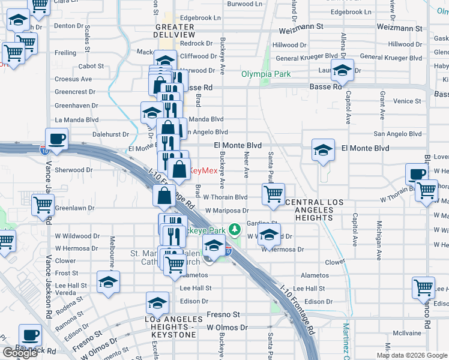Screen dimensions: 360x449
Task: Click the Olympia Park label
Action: click(x=265, y=74)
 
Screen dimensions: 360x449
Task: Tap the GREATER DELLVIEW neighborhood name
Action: click(x=175, y=31)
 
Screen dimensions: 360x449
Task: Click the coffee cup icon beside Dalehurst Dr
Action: click(x=57, y=139)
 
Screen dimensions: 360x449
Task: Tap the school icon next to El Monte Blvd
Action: click(x=323, y=150)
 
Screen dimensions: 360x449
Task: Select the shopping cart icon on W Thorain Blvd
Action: click(x=273, y=194)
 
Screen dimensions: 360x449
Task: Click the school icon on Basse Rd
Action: click(x=342, y=70)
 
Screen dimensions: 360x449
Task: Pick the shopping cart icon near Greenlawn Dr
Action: click(x=43, y=205)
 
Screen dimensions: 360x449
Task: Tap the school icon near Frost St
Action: click(x=108, y=281)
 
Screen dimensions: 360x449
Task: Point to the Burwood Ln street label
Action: click(x=245, y=4)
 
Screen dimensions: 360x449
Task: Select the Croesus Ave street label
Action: click(x=73, y=79)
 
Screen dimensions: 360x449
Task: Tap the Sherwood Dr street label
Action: click(x=70, y=170)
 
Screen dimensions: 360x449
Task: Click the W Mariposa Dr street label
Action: click(x=227, y=211)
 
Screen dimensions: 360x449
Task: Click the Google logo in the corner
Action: click(x=20, y=353)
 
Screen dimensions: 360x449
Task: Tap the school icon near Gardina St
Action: click(x=270, y=233)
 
